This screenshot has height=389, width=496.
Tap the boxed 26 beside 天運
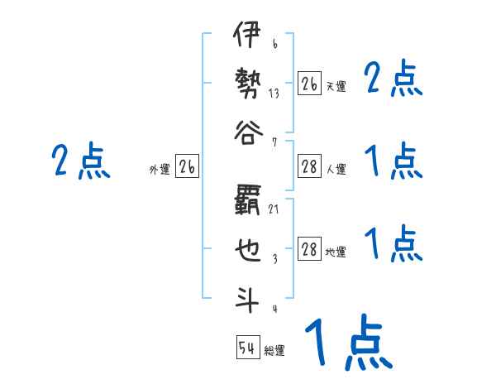309,84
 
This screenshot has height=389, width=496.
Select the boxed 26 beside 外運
187,168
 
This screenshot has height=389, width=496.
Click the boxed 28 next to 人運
309,168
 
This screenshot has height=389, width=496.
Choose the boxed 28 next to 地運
309,250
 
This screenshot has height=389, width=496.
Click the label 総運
274,350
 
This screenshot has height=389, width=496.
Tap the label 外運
160,170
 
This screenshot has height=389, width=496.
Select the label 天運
336,86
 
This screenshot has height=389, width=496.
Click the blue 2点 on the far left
80,161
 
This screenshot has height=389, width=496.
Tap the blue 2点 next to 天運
393,79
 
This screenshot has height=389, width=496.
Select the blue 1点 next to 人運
393,161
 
